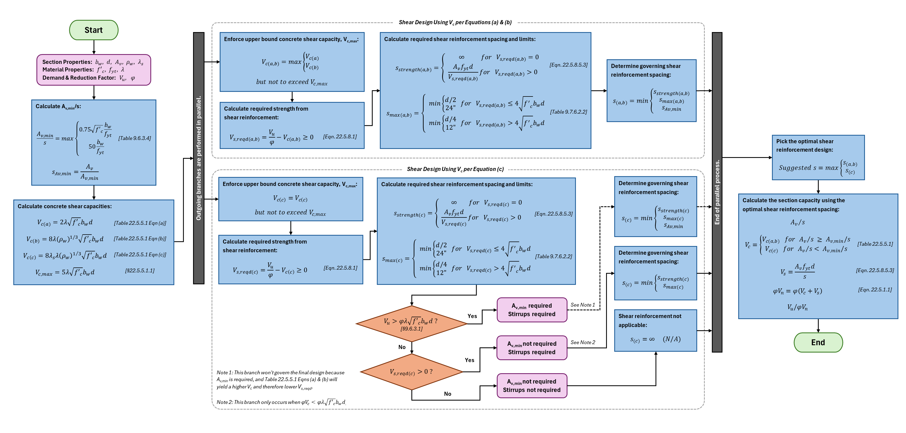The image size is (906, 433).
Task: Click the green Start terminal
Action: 94,30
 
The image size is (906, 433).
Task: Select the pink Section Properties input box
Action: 94,70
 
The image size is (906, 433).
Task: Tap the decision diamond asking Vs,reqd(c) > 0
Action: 411,372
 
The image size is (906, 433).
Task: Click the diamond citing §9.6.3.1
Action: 411,324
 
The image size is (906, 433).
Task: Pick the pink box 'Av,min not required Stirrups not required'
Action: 531,385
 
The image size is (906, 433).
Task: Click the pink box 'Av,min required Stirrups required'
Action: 531,310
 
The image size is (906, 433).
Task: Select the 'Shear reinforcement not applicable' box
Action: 655,330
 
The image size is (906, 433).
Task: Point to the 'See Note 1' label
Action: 582,305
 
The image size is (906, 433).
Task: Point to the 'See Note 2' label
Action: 582,342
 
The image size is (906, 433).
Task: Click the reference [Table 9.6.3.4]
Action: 134,138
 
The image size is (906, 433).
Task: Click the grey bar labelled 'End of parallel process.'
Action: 717,192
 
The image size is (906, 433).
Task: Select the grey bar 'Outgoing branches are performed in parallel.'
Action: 199,158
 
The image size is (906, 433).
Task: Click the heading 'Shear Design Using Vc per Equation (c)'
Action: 455,169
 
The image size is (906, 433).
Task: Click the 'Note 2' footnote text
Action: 281,402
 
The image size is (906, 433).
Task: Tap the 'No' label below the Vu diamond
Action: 402,347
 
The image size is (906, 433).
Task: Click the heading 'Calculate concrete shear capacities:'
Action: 64,206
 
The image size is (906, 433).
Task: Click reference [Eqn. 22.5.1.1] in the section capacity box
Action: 875,289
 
